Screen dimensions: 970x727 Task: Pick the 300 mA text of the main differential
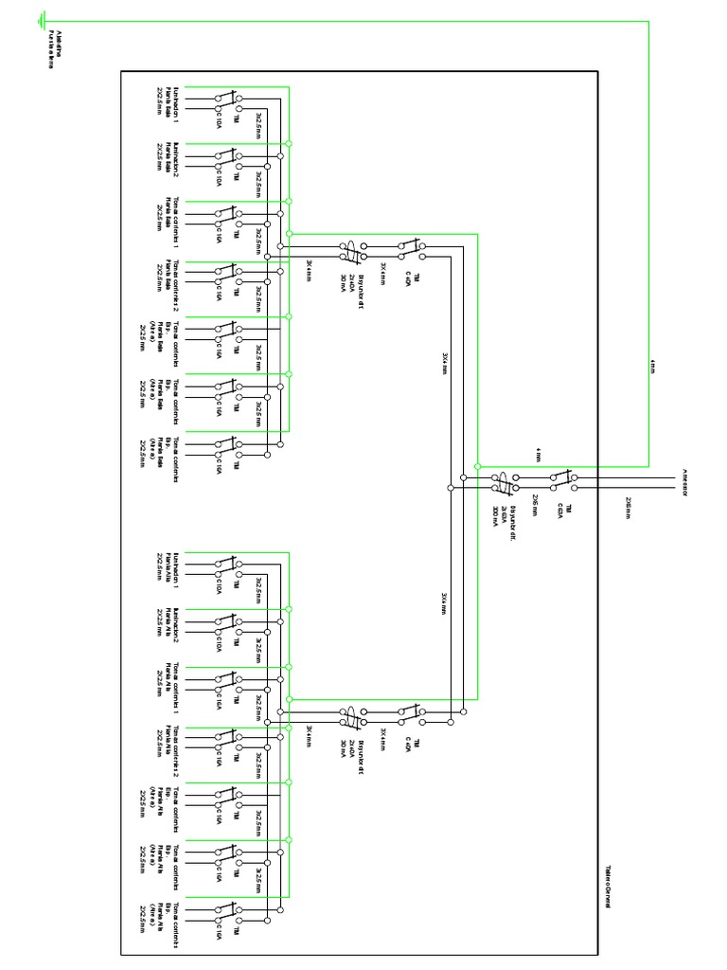coord(495,517)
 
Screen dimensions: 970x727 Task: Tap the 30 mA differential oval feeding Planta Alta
coord(351,717)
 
